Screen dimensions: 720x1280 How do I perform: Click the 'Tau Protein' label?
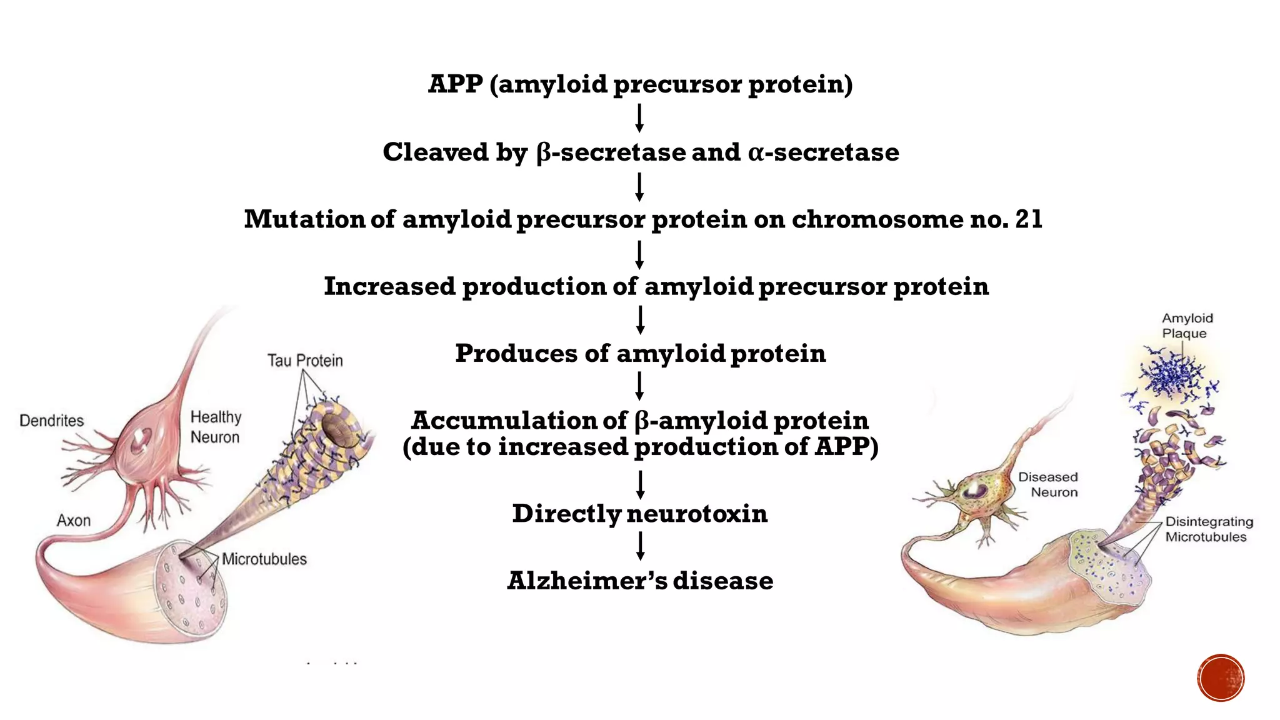coord(305,361)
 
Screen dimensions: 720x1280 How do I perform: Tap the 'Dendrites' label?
coord(52,421)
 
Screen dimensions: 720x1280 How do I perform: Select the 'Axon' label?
coord(74,521)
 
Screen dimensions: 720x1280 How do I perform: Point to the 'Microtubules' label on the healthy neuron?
coord(264,559)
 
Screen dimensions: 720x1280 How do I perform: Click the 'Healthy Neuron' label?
coord(216,427)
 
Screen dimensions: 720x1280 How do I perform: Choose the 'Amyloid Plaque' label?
coord(1186,326)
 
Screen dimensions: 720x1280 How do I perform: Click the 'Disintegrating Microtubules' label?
coord(1208,529)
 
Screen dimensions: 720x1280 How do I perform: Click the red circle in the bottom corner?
coord(1221,678)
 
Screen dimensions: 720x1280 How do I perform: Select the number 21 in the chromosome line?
coord(1029,219)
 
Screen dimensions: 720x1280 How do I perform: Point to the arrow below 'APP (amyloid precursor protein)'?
coord(639,118)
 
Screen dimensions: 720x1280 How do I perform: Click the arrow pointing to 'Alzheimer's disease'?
coord(640,546)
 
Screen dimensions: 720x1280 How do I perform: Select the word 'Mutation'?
coord(304,219)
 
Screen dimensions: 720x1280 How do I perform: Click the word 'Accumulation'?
coord(519,421)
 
